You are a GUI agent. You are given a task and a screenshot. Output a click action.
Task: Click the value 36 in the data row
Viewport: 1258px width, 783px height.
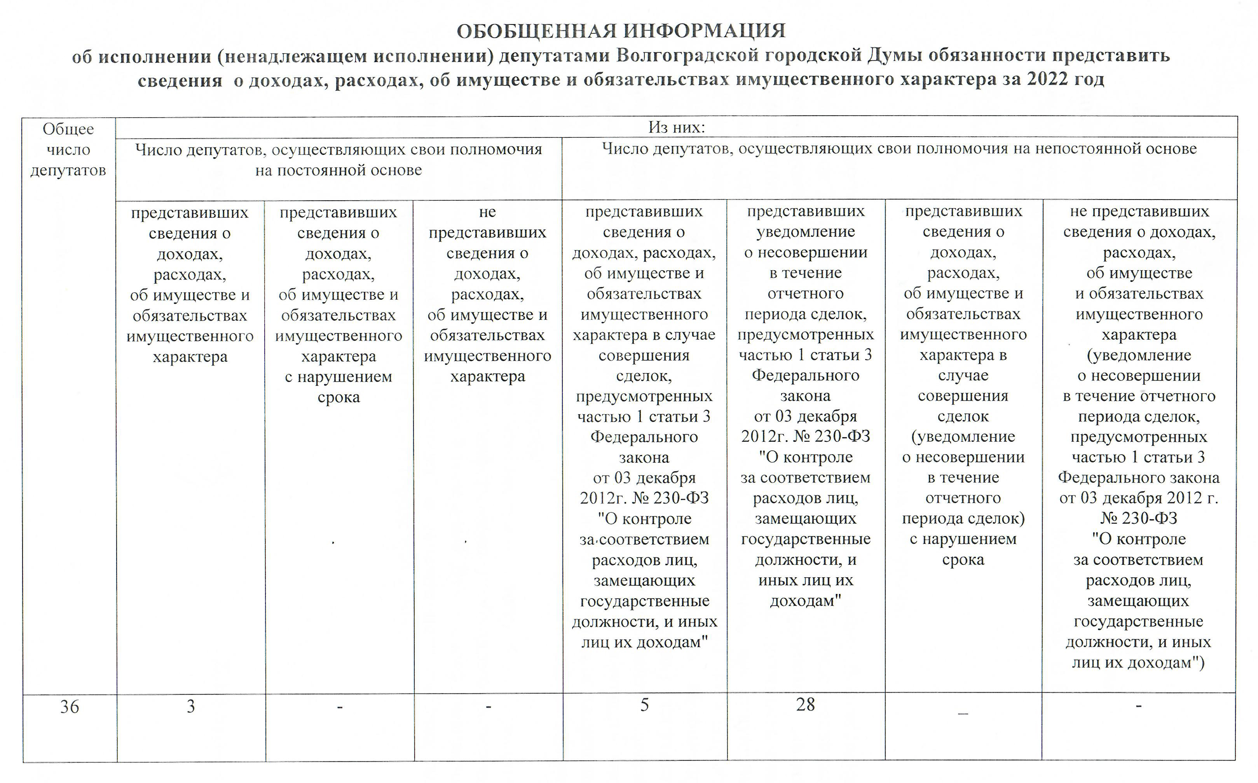coord(70,707)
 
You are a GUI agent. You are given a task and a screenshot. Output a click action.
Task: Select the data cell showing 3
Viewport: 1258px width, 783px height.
coord(191,707)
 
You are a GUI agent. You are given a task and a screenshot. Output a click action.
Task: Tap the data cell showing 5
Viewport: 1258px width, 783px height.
coord(644,705)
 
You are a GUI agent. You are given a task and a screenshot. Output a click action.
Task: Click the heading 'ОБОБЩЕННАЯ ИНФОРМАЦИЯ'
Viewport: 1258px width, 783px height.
coord(621,31)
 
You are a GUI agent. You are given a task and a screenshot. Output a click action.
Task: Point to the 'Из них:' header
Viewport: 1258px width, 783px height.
coord(677,127)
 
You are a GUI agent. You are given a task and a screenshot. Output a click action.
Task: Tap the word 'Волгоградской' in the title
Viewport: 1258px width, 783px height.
coord(686,56)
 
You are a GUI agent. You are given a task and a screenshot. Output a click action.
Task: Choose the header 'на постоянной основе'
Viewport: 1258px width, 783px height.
coord(338,170)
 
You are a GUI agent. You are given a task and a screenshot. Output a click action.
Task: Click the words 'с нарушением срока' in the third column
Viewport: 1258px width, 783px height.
coord(338,387)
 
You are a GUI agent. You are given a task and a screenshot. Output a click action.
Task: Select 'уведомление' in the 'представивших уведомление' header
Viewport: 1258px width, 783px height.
coord(806,232)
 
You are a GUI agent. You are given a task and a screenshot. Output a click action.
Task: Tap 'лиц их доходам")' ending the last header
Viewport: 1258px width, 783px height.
coord(1138,663)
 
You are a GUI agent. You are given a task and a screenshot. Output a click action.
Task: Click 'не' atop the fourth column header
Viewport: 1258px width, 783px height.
coord(487,212)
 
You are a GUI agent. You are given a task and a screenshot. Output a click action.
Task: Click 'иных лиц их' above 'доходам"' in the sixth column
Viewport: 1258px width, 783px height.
coord(806,580)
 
